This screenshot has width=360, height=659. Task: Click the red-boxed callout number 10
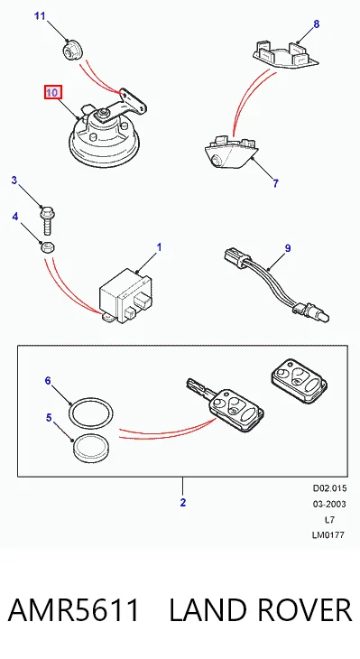click(52, 92)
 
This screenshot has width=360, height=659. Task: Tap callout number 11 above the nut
click(40, 16)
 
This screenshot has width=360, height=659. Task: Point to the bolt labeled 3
click(46, 220)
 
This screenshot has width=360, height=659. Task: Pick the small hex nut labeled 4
click(47, 246)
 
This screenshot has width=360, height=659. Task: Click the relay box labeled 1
click(125, 296)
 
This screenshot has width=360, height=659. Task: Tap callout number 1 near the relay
click(159, 247)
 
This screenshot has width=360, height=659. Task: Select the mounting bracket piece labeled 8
click(285, 54)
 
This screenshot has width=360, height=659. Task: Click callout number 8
click(317, 24)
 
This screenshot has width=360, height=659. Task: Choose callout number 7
click(275, 183)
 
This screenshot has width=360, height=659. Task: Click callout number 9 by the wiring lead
click(288, 248)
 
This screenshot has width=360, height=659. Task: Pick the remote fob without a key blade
click(300, 381)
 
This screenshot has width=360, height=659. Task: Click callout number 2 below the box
click(183, 502)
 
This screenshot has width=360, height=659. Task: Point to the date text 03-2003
click(329, 504)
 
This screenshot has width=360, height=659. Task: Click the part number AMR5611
click(73, 610)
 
